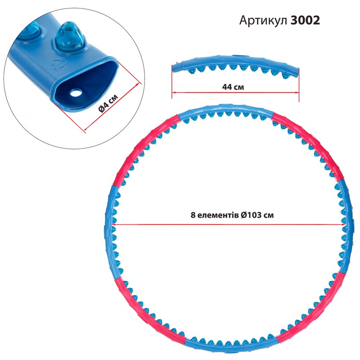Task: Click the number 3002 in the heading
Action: (305, 20)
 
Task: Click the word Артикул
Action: (263, 21)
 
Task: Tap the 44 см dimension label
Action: (233, 87)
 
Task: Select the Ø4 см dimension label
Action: (108, 103)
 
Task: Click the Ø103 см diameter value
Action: (257, 215)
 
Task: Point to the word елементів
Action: (216, 216)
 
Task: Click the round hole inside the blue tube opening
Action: (76, 93)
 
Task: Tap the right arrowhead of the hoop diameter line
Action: (344, 224)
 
